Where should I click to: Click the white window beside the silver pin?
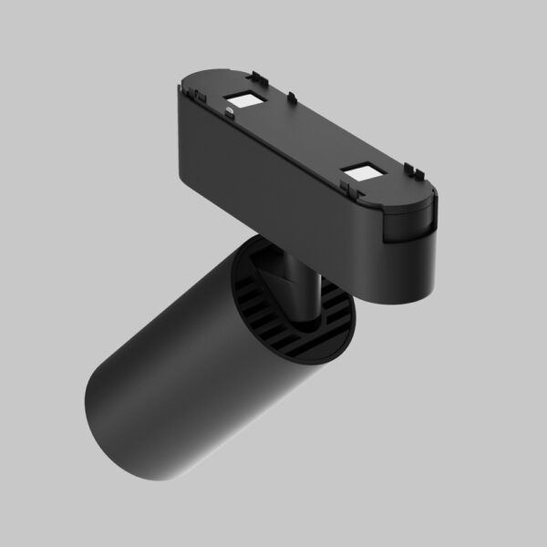click(245, 98)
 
